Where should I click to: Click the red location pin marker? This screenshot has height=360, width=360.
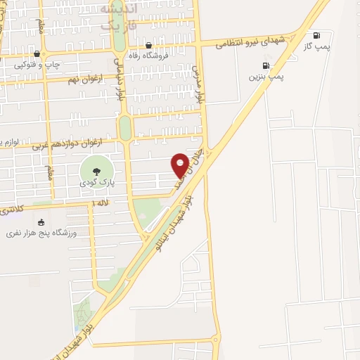(180, 165)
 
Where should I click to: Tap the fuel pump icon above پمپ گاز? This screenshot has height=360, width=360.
(316, 35)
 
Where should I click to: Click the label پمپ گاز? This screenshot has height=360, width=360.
(316, 46)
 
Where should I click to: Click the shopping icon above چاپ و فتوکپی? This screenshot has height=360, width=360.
(37, 53)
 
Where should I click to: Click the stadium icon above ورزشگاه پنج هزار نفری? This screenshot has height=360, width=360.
(41, 222)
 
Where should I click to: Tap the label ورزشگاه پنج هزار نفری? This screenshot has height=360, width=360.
(41, 233)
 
